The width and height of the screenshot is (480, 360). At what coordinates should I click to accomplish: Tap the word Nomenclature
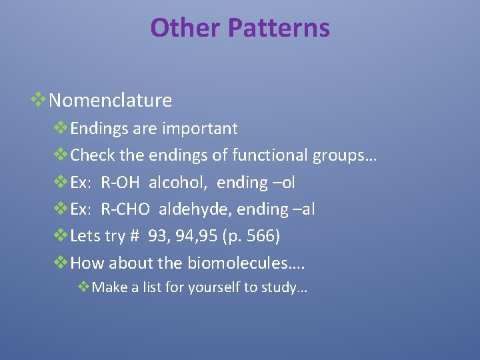pos(111,101)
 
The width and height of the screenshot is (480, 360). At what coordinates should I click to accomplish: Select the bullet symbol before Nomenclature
pos(38,100)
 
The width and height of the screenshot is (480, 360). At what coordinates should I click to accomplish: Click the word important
pos(197,128)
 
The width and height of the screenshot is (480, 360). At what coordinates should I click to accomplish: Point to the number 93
pos(158,237)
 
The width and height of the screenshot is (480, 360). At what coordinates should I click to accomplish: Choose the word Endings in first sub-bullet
pos(95,129)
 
